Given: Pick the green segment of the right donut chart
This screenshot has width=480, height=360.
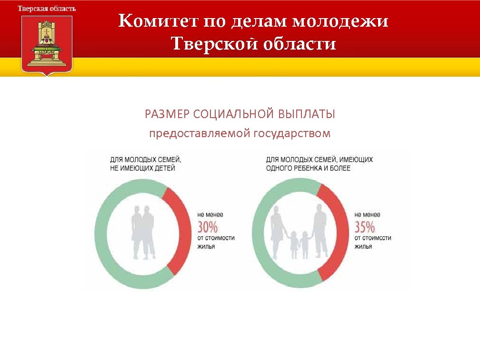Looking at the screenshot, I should click(260, 233).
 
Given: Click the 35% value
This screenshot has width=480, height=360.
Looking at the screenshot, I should click(365, 226).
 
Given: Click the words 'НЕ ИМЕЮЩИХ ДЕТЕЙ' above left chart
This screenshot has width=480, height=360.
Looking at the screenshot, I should click(143, 168).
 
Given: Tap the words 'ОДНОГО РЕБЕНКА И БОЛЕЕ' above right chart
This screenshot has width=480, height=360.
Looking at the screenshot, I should click(309, 168).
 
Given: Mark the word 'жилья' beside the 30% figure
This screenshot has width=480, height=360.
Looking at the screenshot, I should click(206, 247).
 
